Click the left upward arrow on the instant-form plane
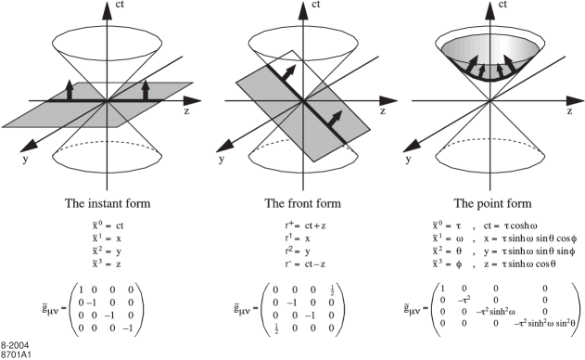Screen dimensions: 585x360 [72, 89]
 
